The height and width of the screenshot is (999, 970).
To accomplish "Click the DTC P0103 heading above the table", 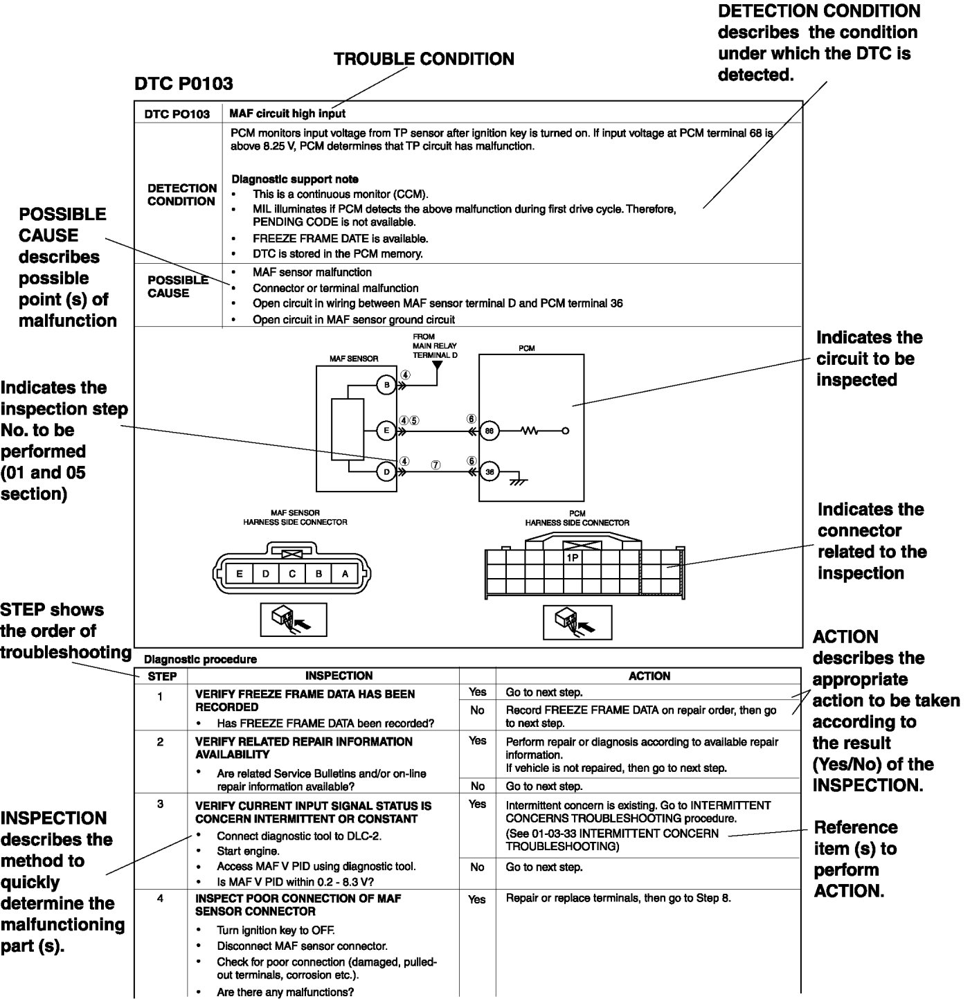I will [x=183, y=84].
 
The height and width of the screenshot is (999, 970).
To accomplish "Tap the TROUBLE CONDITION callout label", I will [x=424, y=59].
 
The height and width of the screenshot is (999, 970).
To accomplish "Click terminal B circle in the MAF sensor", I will [x=386, y=385].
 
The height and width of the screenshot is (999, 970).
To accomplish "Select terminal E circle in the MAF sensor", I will [x=386, y=431].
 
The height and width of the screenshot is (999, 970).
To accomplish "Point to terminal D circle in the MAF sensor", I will [x=386, y=472].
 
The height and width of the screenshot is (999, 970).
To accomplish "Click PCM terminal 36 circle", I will [x=490, y=472].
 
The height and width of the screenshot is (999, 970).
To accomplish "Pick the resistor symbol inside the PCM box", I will [x=530, y=431].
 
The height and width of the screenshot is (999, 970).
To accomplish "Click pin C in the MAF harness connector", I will [x=292, y=573].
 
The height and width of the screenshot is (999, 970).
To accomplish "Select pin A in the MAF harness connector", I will [x=345, y=573].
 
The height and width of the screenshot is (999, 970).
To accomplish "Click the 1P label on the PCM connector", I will [x=573, y=557].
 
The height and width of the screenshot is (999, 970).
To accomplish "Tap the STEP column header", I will [x=162, y=676].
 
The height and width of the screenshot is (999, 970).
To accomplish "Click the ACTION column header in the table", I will [x=649, y=676].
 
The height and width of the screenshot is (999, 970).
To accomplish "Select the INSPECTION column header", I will [x=339, y=676].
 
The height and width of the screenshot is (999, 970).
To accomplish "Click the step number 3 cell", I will [x=161, y=804].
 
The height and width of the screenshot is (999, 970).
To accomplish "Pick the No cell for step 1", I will [x=477, y=710].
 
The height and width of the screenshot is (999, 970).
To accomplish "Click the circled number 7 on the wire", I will [x=435, y=465].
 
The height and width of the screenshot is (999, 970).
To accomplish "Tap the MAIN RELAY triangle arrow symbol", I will [x=437, y=365].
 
